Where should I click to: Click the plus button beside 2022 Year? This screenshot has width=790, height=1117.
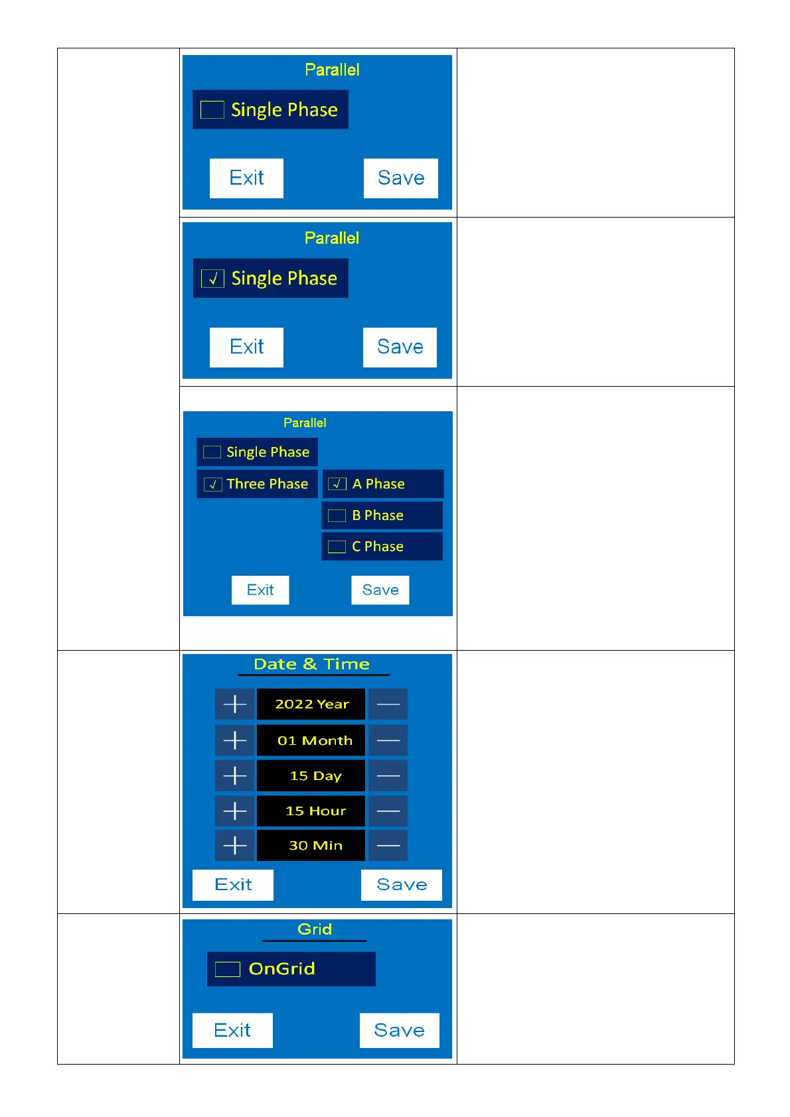234,704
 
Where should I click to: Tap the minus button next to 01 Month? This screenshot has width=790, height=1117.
388,740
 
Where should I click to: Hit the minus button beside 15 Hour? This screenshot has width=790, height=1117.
388,811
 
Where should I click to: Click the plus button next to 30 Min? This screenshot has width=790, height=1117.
234,845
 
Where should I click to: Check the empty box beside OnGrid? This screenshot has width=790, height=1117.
227,969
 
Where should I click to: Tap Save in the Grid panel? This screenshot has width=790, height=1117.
399,1030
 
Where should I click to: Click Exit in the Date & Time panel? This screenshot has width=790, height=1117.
233,885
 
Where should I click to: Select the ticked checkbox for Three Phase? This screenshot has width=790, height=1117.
212,484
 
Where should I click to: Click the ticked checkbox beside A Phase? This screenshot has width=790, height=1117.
337,484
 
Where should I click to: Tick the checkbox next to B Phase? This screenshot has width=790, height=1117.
337,515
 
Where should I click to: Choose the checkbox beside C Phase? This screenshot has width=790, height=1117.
337,547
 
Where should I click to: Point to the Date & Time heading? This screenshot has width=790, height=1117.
311,664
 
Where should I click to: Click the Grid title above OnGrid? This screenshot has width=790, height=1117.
315,929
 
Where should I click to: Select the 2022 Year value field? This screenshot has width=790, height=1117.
311,704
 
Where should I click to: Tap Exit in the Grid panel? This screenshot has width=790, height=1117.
232,1030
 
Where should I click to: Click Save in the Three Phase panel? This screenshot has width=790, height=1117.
380,590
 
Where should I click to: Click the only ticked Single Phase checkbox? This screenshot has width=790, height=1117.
212,279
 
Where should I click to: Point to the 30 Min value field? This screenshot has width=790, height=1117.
311,845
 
